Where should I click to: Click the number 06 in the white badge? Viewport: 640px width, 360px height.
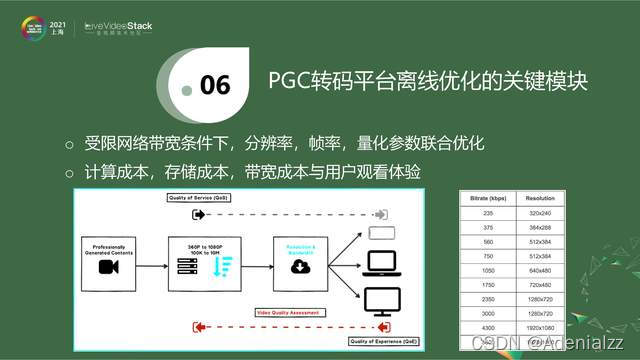coord(215,85)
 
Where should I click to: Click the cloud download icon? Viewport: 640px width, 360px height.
coord(299,267)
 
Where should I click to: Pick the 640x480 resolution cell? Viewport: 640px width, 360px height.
coord(540,270)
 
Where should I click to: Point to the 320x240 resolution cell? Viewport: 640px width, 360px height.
coord(540,214)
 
